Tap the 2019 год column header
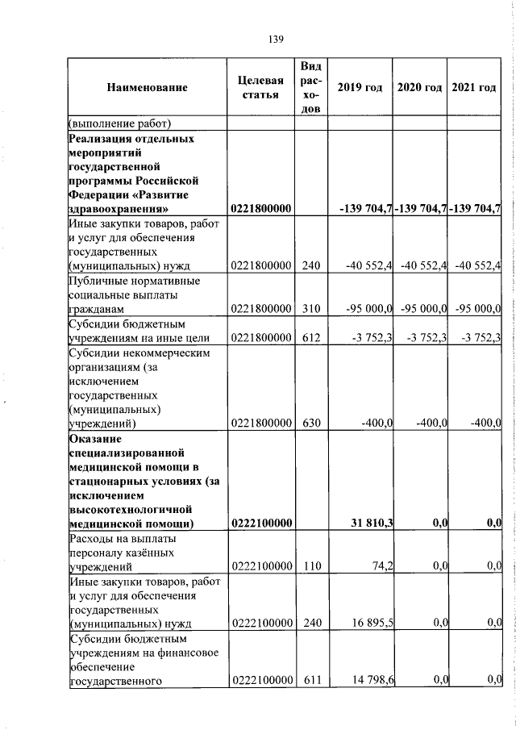pyautogui.click(x=360, y=88)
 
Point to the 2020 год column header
pyautogui.click(x=420, y=88)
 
